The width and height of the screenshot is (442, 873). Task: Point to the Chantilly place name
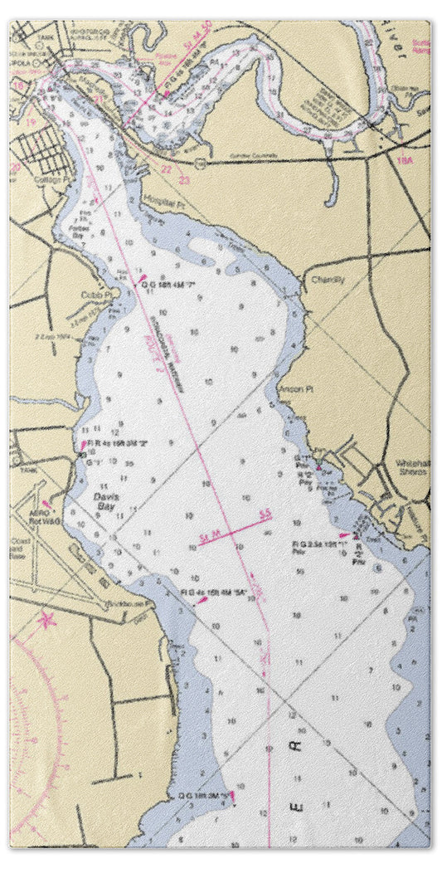[328, 280]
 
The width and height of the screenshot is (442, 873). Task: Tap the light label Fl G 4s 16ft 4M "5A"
[216, 593]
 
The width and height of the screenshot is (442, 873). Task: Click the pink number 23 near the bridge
[184, 179]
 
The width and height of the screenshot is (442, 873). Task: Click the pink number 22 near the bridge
[167, 169]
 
